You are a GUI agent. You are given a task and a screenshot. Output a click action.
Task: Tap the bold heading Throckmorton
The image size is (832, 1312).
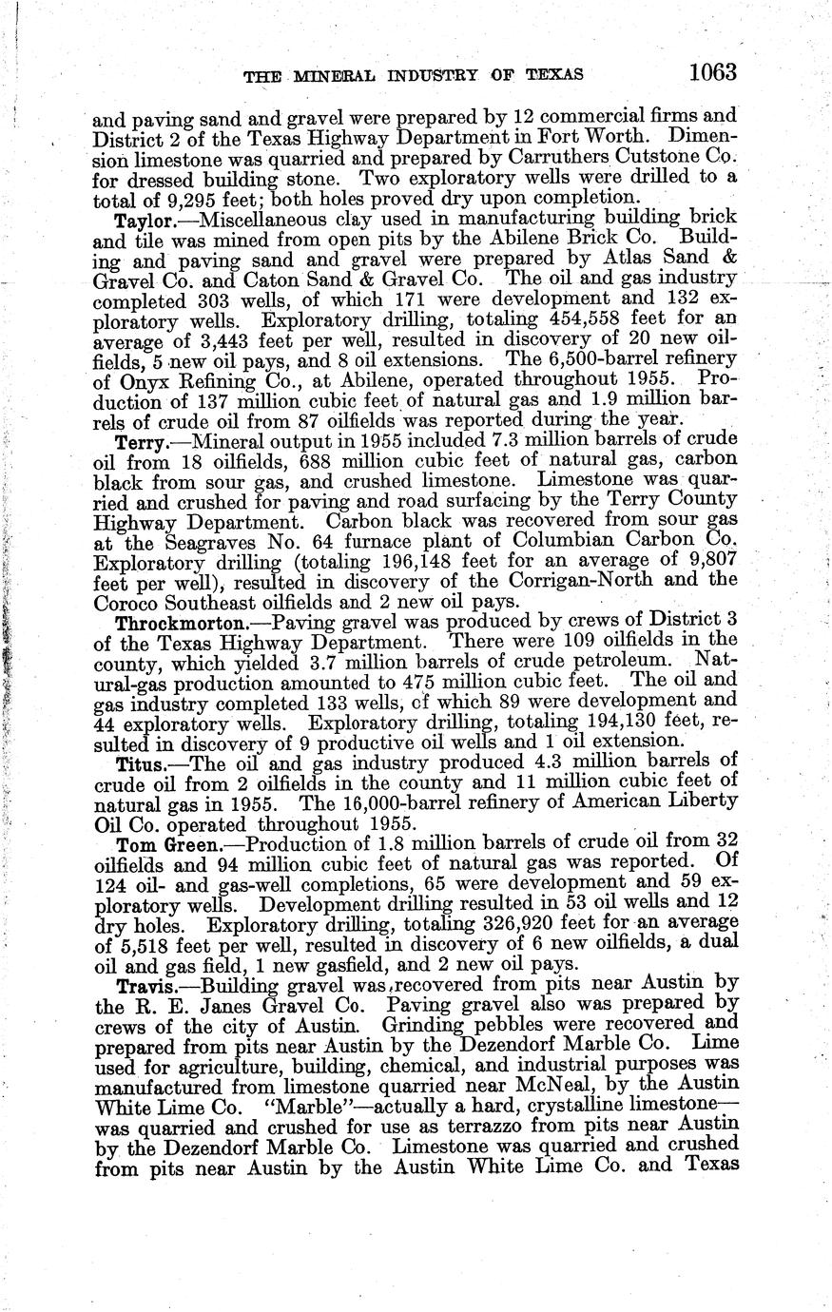click(176, 624)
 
